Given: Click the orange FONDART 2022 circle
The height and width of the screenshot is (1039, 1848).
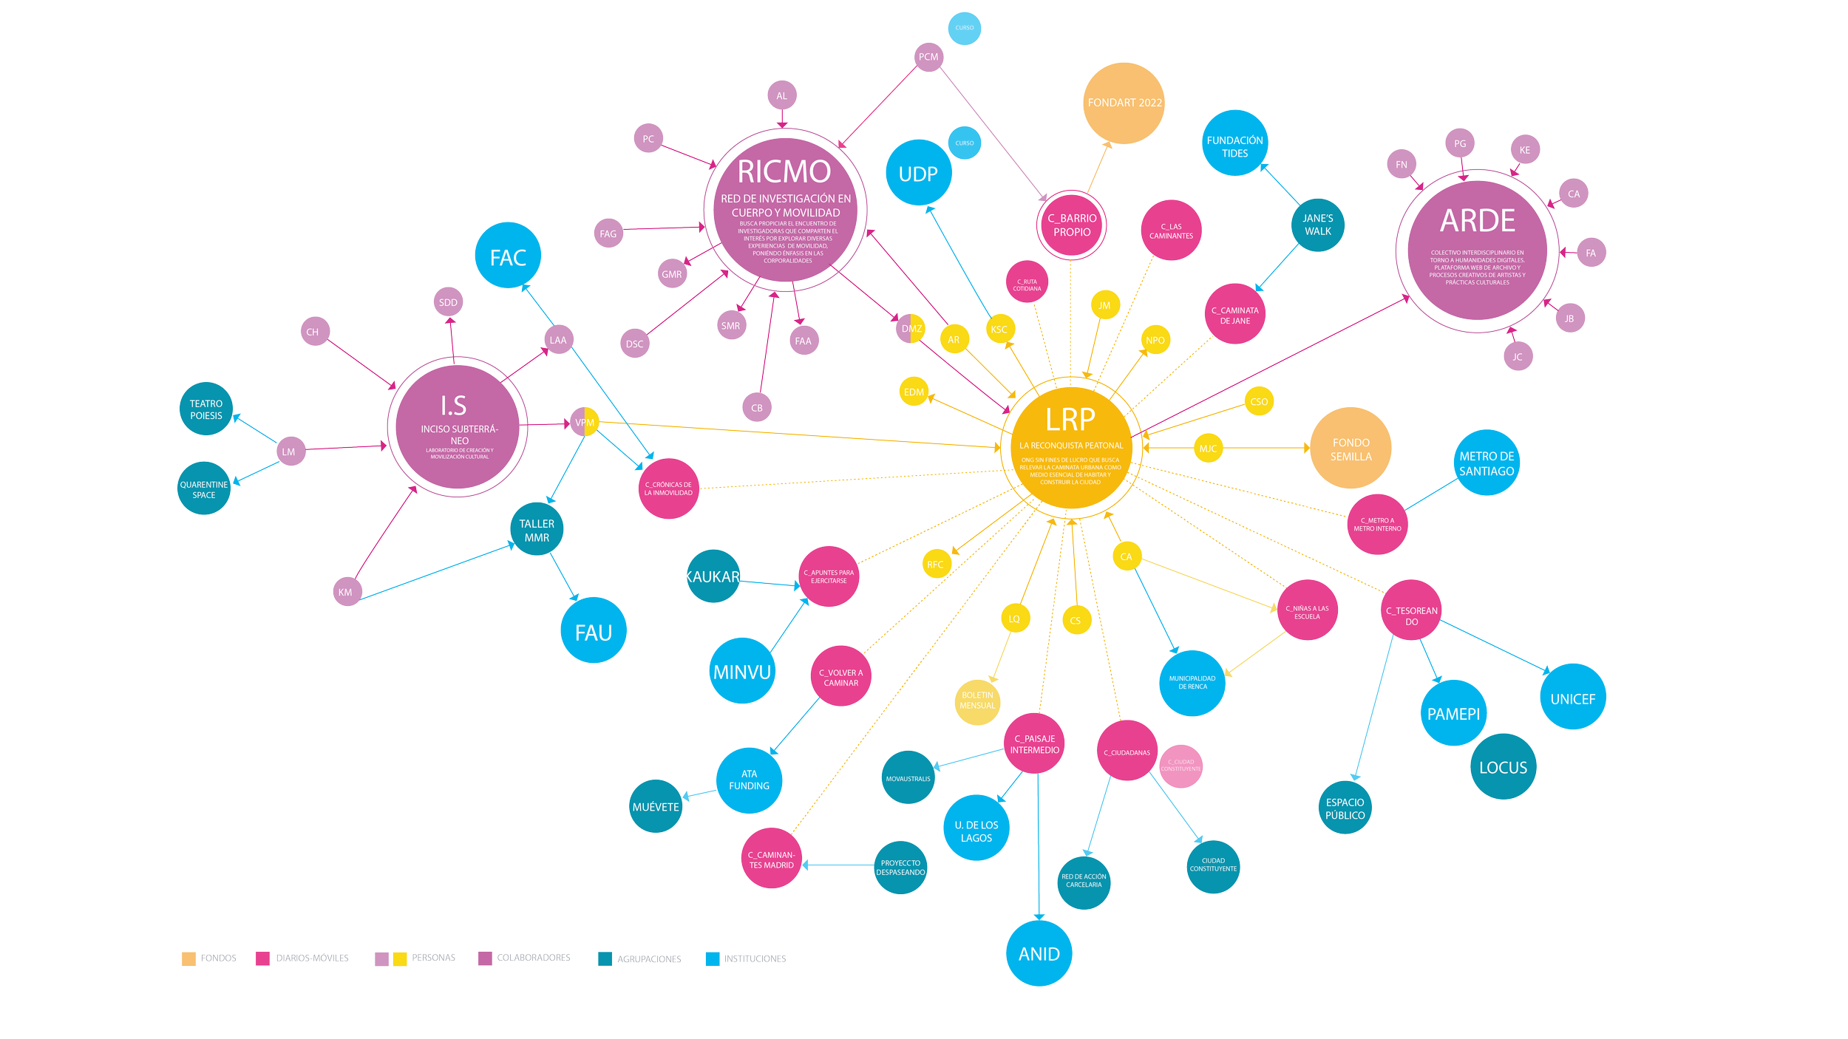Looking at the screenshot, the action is (x=1124, y=103).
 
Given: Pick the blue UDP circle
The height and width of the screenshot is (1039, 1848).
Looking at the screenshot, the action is (x=918, y=174).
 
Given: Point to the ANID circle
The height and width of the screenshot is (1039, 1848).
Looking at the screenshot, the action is (x=1039, y=953).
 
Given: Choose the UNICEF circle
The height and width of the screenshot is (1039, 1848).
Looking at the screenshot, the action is (x=1572, y=698).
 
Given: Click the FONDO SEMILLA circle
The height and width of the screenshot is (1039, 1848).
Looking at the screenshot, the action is (x=1351, y=449).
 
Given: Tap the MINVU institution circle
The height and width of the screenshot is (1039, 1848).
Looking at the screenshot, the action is (x=742, y=672).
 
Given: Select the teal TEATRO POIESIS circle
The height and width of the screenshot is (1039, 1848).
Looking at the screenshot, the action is (x=205, y=409).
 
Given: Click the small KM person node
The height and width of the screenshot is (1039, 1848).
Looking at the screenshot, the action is (x=345, y=592).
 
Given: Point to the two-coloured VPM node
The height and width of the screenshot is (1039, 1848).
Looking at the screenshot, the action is (x=585, y=423).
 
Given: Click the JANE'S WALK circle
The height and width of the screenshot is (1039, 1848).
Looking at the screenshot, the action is (x=1317, y=225).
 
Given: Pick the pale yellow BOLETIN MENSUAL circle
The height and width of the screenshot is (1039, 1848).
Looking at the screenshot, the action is (x=977, y=701).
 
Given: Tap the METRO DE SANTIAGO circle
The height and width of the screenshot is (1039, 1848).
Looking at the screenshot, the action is (x=1487, y=463).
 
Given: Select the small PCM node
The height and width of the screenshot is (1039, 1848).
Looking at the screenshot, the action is (x=928, y=57).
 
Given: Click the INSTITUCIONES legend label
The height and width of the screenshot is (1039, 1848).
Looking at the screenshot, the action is (x=755, y=958).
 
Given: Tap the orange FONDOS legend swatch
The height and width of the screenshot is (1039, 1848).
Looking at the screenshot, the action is (x=188, y=958).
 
